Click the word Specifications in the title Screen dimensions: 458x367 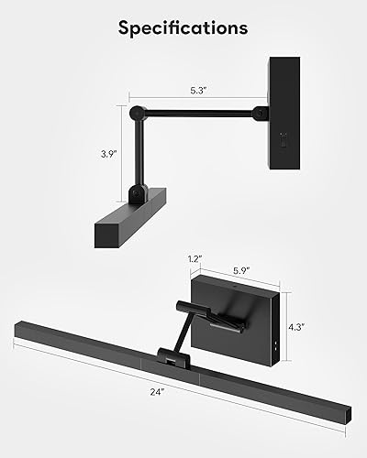pyautogui.click(x=183, y=27)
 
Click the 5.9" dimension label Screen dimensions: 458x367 pyautogui.click(x=241, y=271)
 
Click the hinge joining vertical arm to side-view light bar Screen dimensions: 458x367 pyautogui.click(x=138, y=193)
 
